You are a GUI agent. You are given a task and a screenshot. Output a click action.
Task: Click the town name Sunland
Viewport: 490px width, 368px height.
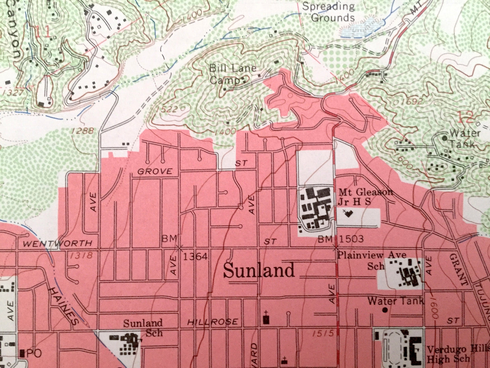pos(259,271)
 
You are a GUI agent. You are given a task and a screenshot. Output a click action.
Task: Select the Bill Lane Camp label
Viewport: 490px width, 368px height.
pos(232,74)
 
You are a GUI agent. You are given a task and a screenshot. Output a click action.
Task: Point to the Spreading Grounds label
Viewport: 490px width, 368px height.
pos(328,12)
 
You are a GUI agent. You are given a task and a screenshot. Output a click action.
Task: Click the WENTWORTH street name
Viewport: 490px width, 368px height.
pos(58,243)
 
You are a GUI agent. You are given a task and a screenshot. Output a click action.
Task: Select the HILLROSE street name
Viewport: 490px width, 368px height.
pos(213,322)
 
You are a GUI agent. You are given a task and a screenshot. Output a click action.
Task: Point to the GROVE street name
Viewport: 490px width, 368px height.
pos(155,171)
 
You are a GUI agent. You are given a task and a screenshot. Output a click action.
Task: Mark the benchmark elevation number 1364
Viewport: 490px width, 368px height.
pos(195,256)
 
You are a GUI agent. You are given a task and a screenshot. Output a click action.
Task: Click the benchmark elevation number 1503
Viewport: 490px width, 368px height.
pos(351,239)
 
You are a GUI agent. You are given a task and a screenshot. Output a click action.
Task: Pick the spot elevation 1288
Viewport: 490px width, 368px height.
pos(82,130)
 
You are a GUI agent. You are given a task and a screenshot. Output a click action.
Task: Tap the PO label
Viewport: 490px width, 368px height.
pos(34,353)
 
